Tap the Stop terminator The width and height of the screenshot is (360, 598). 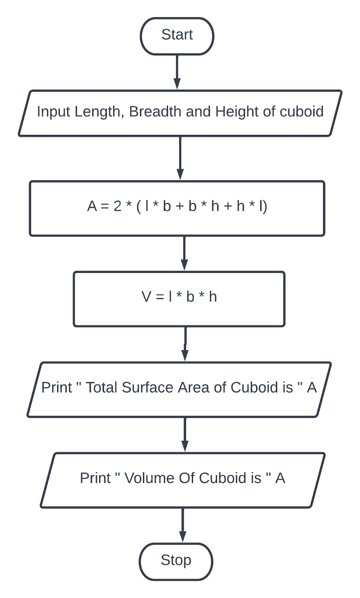coord(176,561)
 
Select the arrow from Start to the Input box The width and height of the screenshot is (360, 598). coord(177,72)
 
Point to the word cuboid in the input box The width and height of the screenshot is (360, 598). coord(301,112)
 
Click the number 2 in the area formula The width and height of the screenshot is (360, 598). coord(117,206)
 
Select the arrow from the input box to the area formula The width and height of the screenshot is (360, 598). coord(180,158)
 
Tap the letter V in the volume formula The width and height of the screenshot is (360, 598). coord(146,297)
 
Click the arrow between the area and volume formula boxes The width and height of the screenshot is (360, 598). coord(184,253)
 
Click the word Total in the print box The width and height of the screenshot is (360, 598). coord(102,388)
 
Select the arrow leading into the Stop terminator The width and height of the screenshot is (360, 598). coord(183,525)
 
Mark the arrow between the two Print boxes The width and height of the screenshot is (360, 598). coord(184,434)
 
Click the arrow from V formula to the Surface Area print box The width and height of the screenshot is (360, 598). coord(185,344)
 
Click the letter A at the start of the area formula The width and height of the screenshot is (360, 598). coord(92,206)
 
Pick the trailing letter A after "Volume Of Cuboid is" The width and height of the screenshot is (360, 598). coord(280,478)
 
